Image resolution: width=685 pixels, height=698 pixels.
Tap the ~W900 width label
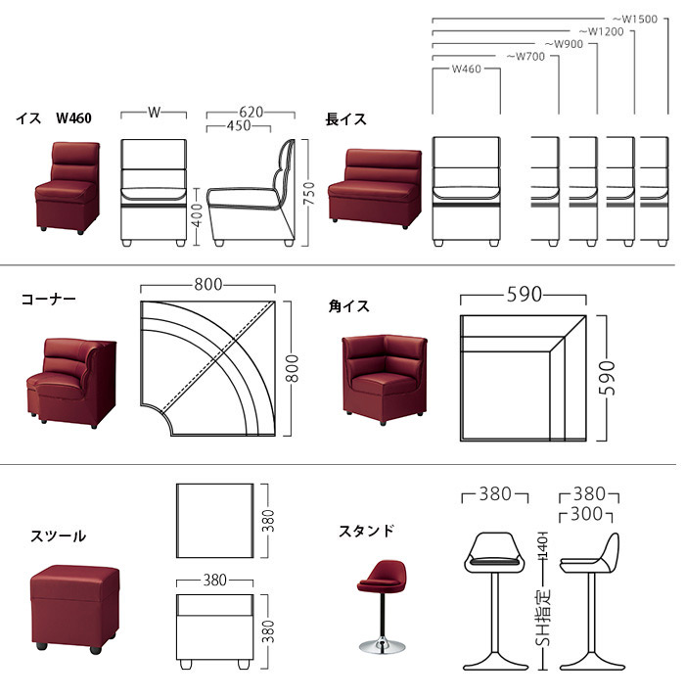[565, 44]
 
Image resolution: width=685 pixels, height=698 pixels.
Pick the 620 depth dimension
[251, 113]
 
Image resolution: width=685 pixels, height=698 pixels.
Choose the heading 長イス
[345, 119]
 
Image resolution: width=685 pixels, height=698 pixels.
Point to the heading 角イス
[348, 306]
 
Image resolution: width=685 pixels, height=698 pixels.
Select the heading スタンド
[366, 532]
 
